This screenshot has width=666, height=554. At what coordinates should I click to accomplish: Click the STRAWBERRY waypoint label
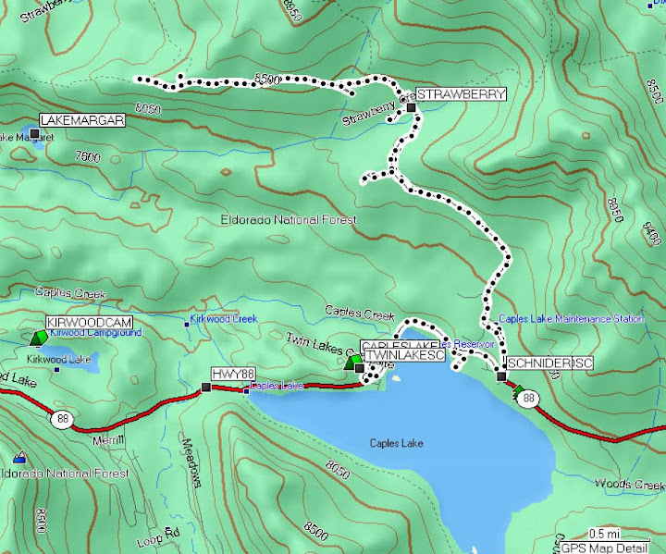[460, 94]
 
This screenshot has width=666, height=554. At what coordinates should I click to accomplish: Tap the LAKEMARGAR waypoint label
[82, 121]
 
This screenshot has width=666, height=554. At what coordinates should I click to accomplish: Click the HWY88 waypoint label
[232, 374]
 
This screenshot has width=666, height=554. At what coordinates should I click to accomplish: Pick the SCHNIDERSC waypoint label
[549, 363]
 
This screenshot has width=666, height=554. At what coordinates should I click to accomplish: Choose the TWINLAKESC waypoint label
[405, 355]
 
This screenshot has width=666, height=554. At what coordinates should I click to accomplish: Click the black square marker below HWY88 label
[205, 388]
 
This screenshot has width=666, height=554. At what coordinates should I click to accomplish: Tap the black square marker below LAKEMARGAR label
[35, 135]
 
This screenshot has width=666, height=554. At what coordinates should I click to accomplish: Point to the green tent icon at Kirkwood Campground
[39, 339]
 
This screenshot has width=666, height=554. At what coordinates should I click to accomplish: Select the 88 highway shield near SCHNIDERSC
[528, 399]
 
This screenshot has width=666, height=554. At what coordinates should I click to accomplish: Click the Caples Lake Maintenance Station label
[570, 319]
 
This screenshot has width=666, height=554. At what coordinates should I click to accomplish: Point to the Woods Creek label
[629, 484]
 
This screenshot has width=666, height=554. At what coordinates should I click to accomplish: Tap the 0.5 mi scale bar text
[604, 533]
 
